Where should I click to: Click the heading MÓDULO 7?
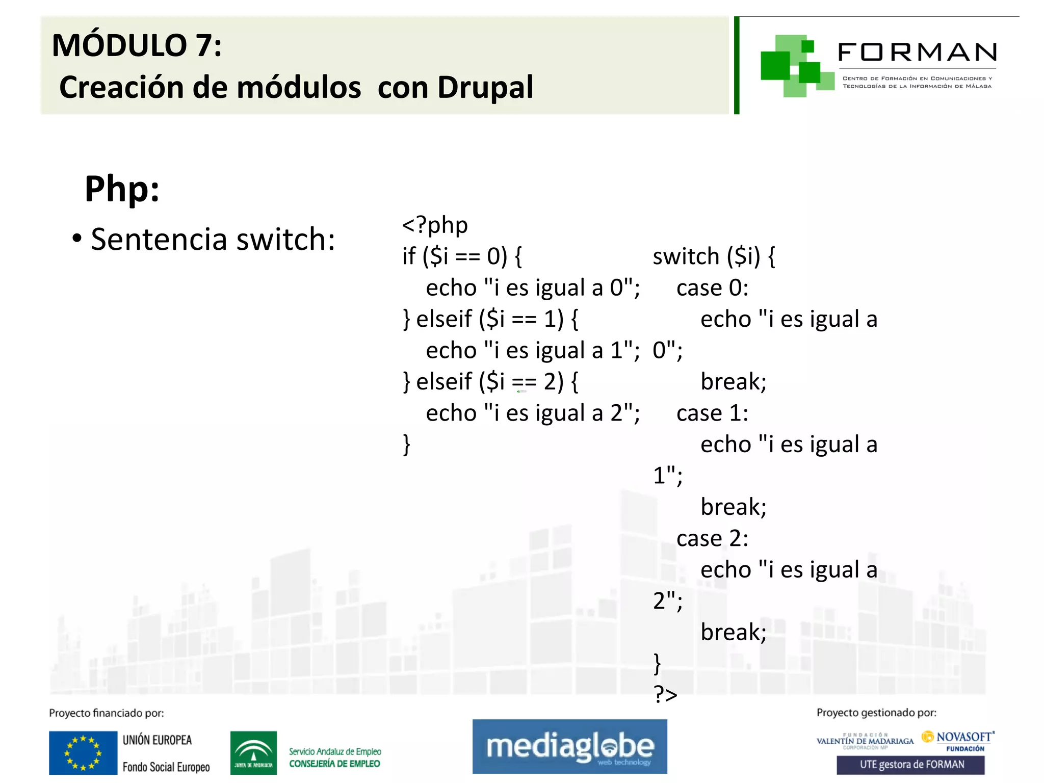point(137,46)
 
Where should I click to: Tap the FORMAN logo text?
point(917,53)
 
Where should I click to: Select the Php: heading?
point(122,189)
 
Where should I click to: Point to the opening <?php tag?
point(434,225)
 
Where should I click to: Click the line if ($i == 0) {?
point(461,256)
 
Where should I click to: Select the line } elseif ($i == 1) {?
point(490,319)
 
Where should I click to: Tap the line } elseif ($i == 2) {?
point(490,381)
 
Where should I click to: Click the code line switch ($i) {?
point(713,256)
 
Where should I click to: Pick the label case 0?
point(712,288)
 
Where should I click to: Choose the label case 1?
point(712,413)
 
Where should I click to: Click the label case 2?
point(712,538)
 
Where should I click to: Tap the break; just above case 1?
point(733,381)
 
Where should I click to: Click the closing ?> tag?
point(665,694)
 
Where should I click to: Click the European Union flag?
point(83,752)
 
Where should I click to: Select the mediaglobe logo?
point(569,746)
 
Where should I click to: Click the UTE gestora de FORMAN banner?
point(911,765)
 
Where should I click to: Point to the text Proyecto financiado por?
point(107,713)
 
